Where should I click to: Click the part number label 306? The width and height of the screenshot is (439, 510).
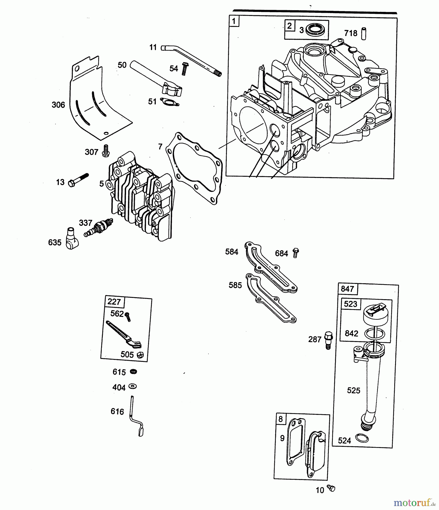coord(58,105)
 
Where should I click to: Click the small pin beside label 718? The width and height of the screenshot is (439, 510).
coord(364,33)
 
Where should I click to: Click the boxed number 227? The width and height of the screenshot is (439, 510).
coord(114,301)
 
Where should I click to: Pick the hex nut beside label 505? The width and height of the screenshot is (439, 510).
coord(140,355)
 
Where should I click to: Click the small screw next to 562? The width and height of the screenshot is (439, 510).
coord(128,316)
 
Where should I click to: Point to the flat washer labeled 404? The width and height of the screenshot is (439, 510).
coord(132,386)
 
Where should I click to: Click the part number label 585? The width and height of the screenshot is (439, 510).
coord(235,285)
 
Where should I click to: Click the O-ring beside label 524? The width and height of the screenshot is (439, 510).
coord(362,438)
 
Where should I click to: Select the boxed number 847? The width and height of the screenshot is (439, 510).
coord(348,289)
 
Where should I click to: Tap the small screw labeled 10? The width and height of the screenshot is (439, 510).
coord(331,488)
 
